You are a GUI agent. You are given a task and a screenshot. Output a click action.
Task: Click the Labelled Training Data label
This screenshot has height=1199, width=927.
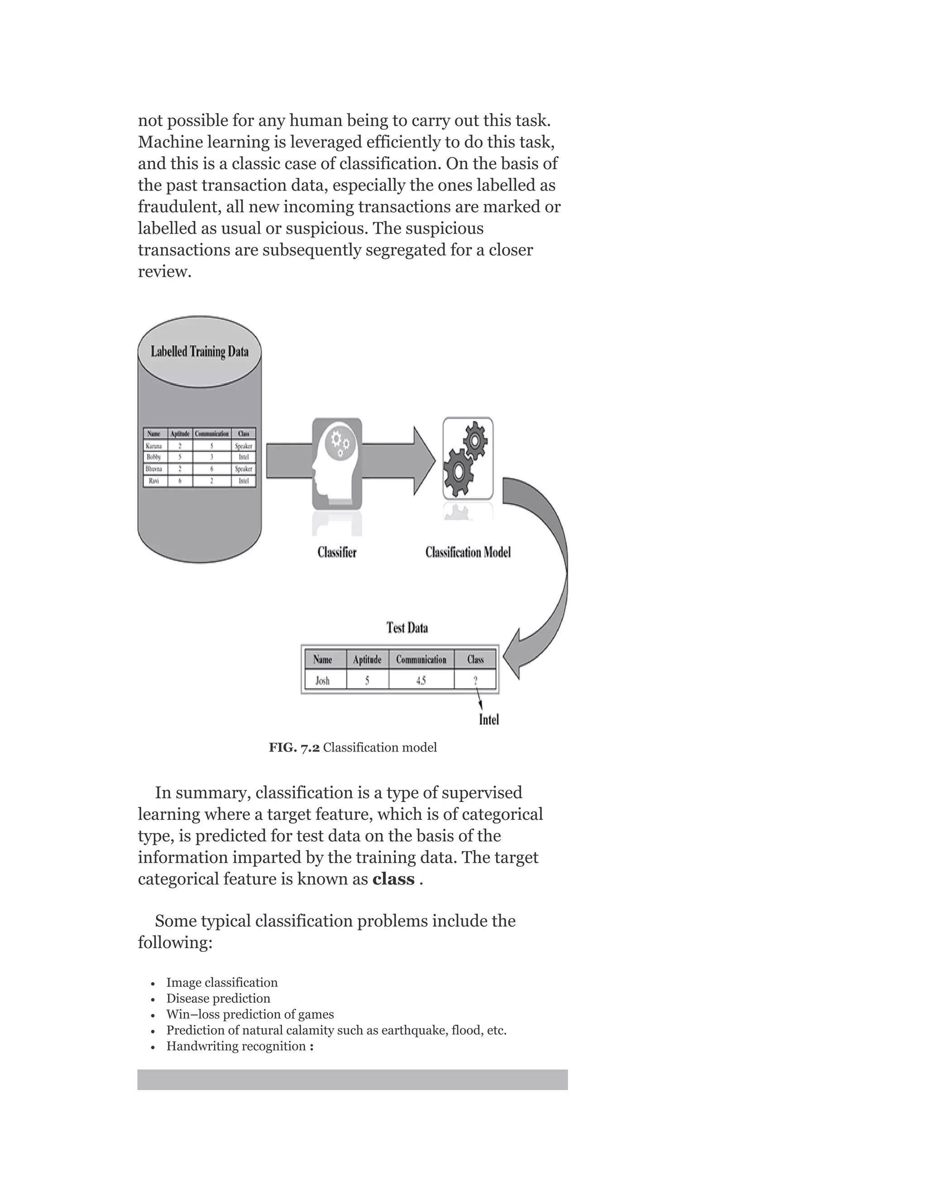tap(199, 352)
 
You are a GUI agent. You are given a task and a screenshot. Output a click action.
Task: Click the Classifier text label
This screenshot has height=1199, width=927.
tap(337, 552)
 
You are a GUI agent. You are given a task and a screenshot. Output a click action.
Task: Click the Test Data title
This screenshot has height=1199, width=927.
tap(407, 628)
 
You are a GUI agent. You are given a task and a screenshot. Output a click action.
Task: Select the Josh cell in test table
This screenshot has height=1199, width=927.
tap(323, 681)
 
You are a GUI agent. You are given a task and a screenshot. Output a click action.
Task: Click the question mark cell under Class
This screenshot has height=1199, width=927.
tap(475, 681)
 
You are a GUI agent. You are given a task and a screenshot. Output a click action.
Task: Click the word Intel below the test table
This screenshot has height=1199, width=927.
tap(489, 720)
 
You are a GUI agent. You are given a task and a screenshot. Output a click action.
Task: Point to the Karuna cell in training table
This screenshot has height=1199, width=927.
tap(154, 446)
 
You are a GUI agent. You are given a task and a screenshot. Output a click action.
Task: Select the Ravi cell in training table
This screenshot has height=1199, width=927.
tap(154, 481)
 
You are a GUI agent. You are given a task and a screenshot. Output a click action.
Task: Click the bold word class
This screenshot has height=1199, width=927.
tap(393, 879)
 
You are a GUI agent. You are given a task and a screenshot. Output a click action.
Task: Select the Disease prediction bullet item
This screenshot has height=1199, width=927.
tap(218, 998)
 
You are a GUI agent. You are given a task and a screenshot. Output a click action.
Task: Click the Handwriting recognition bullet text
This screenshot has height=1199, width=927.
tap(236, 1046)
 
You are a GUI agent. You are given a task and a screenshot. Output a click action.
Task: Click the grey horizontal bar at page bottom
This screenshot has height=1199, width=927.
tap(352, 1079)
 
